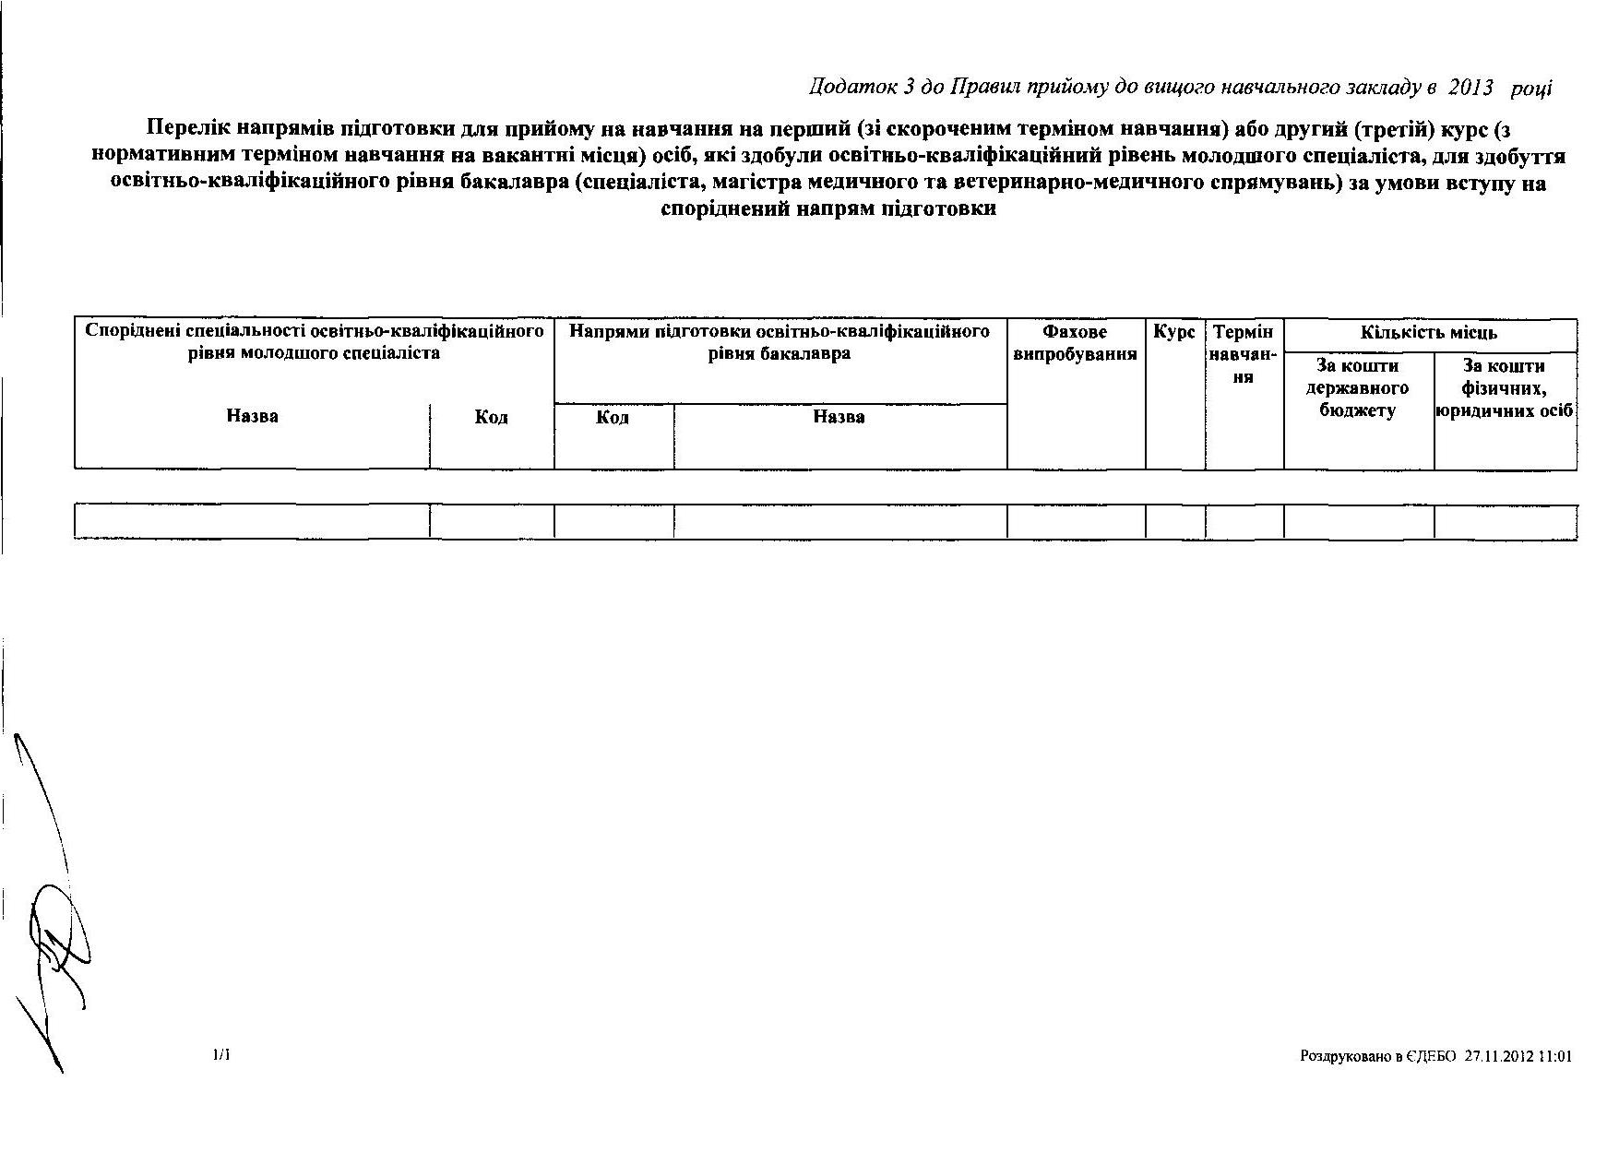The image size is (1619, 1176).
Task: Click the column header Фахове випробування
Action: coord(1075,343)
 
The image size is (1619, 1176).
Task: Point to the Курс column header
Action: coord(1174,332)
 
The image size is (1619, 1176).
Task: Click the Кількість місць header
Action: coord(1429,333)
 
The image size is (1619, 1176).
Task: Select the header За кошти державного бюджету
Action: coord(1358,388)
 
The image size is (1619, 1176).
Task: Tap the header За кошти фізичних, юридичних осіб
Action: coord(1505,388)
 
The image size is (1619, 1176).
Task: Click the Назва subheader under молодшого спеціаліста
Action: coord(252,416)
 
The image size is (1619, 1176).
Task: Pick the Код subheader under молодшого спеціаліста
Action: coord(491,417)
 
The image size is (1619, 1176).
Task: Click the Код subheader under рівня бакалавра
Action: coord(613,417)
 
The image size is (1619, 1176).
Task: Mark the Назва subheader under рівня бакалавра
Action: coord(839,417)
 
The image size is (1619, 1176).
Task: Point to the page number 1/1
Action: coord(221,1054)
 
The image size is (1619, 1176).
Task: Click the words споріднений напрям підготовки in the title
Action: coord(828,208)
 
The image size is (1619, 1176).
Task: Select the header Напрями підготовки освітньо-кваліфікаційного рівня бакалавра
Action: coord(780,342)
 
